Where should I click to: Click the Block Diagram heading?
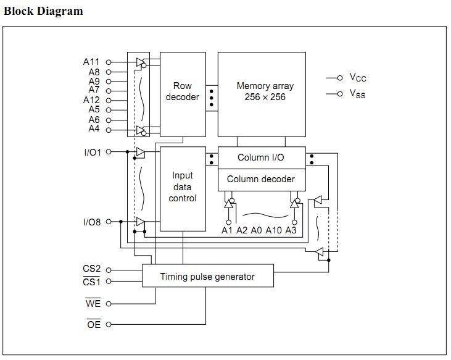[x=43, y=11]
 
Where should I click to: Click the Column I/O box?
[x=261, y=157]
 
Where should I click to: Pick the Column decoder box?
[x=261, y=179]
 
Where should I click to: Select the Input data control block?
[x=183, y=187]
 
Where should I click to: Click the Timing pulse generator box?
[x=207, y=277]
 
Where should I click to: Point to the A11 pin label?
[x=91, y=62]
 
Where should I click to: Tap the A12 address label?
[x=91, y=100]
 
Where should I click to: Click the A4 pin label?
[x=94, y=129]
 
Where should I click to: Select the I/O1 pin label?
[x=93, y=152]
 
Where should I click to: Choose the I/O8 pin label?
[x=93, y=222]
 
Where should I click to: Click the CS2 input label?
[x=92, y=269]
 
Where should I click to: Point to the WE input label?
[x=93, y=304]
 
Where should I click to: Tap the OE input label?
[x=93, y=325]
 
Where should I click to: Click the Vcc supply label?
[x=358, y=78]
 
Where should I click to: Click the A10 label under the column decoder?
[x=274, y=230]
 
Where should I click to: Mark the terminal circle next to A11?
[x=109, y=62]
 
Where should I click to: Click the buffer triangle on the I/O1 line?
[x=140, y=152]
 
